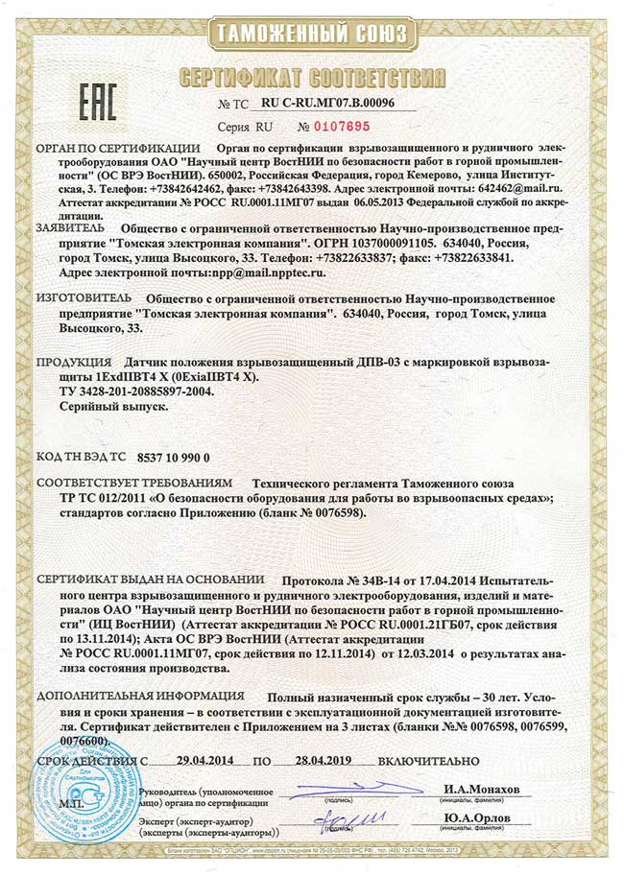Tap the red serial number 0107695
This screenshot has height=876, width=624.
coord(342,126)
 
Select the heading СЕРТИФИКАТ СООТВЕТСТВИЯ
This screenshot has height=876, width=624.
coord(312,73)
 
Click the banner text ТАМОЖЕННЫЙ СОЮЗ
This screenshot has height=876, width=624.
coord(311,36)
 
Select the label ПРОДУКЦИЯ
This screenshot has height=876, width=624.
coord(73,363)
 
